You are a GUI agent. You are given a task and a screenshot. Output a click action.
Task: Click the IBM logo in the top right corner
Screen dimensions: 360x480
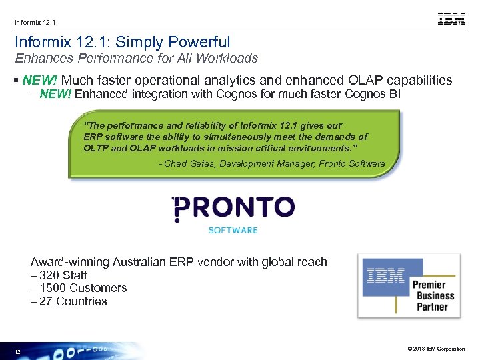(451, 19)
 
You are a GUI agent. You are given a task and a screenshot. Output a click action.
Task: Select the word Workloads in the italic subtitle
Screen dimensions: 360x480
(227, 59)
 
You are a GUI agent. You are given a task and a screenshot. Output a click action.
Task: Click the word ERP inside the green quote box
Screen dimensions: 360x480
(93, 137)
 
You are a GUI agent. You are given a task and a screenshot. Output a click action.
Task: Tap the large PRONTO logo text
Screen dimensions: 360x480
(233, 207)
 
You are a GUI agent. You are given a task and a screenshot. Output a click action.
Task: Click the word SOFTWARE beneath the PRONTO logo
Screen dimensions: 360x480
(233, 230)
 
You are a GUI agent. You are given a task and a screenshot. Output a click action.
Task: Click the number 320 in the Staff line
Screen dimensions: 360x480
(50, 275)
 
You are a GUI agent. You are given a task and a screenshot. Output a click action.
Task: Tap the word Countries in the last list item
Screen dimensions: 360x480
(81, 301)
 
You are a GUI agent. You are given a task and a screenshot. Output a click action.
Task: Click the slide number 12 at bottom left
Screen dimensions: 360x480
(18, 351)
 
